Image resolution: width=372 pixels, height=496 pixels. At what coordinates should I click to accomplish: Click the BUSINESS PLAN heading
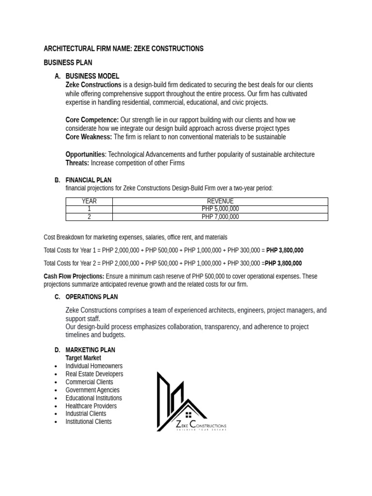[68, 62]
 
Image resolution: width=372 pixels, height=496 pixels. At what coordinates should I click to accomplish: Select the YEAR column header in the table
[89, 201]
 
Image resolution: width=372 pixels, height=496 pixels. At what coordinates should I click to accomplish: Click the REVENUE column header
[220, 201]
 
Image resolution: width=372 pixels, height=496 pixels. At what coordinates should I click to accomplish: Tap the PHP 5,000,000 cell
[220, 209]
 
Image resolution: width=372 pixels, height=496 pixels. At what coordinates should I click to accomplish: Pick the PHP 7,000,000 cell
[220, 217]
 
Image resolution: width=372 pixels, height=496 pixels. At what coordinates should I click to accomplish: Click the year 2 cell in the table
[89, 217]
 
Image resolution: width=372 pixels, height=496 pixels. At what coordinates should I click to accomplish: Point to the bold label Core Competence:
[92, 120]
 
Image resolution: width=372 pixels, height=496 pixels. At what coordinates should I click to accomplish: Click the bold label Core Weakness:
[89, 137]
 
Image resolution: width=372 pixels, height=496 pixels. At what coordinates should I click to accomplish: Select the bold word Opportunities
[85, 155]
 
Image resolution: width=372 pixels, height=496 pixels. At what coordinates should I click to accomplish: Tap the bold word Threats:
[77, 163]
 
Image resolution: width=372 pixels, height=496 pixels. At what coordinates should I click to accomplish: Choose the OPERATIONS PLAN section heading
[92, 297]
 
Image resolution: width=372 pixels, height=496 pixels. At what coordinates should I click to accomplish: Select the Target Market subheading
[83, 358]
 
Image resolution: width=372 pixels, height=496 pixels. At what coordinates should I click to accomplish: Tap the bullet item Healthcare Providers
[91, 406]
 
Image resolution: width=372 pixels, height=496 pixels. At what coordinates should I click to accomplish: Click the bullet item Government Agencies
[93, 390]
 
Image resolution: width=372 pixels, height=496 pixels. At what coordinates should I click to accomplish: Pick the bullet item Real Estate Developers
[94, 374]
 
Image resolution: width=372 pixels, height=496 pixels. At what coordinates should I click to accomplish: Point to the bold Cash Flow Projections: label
[74, 276]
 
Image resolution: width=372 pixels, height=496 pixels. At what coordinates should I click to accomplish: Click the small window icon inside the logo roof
[188, 415]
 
